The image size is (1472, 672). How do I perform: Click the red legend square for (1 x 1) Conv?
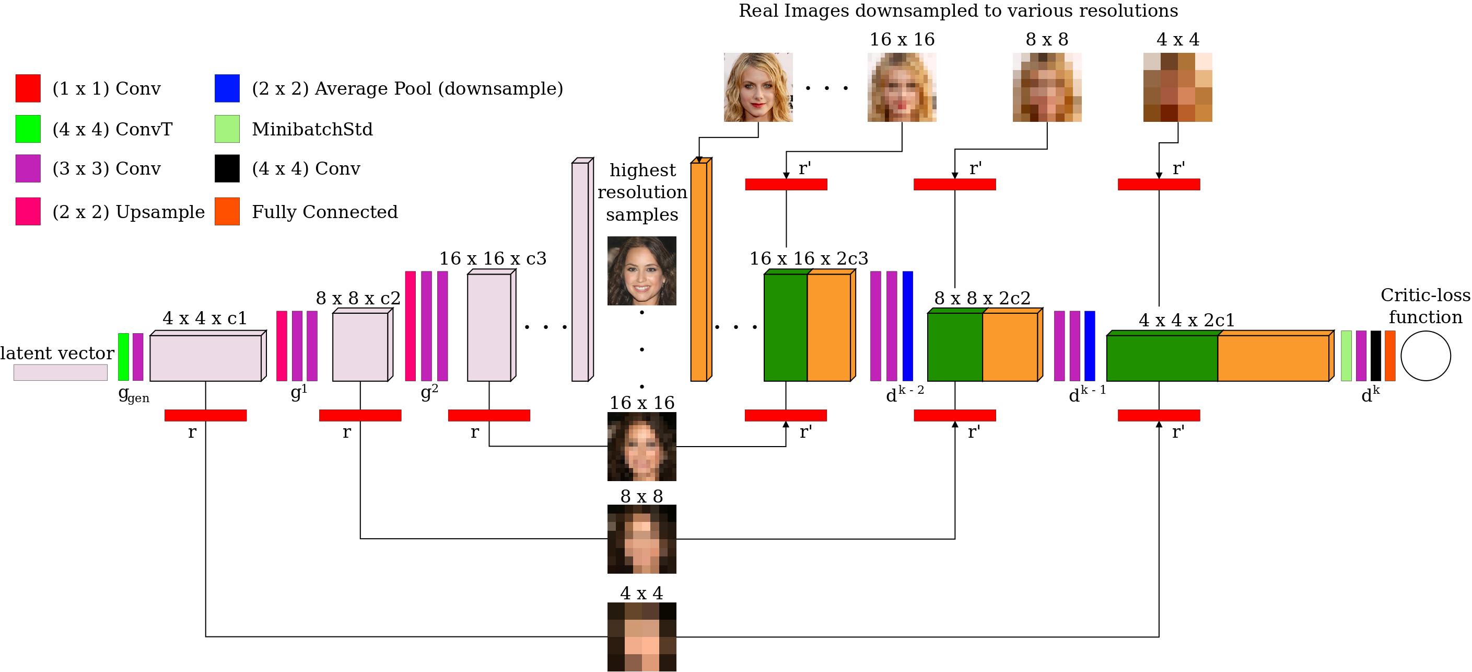pyautogui.click(x=28, y=88)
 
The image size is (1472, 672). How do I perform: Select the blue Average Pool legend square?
pyautogui.click(x=227, y=88)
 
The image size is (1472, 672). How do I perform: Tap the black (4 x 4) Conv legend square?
pyautogui.click(x=227, y=168)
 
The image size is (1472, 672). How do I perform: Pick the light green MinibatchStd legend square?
pyautogui.click(x=227, y=129)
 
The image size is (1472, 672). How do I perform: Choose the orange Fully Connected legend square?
pyautogui.click(x=227, y=211)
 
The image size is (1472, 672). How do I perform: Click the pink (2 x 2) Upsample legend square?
pyautogui.click(x=28, y=211)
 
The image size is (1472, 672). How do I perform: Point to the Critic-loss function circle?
pyautogui.click(x=1425, y=355)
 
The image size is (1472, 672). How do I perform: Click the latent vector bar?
pyautogui.click(x=61, y=372)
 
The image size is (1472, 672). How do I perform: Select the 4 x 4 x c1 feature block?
pyautogui.click(x=206, y=358)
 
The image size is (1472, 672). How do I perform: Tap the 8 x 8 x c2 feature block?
pyautogui.click(x=360, y=346)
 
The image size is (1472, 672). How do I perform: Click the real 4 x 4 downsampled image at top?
pyautogui.click(x=1177, y=87)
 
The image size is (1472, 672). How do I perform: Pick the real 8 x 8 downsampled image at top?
pyautogui.click(x=1047, y=87)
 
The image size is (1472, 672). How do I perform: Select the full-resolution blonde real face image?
pyautogui.click(x=758, y=87)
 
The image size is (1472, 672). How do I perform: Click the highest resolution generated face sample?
pyautogui.click(x=641, y=270)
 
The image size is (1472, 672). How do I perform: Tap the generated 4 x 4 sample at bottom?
pyautogui.click(x=641, y=636)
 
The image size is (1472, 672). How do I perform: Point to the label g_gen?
pyautogui.click(x=133, y=395)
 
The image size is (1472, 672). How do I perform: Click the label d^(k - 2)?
pyautogui.click(x=904, y=394)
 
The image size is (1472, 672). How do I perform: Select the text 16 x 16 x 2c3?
pyautogui.click(x=809, y=258)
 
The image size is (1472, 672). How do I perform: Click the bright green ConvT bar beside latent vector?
pyautogui.click(x=123, y=357)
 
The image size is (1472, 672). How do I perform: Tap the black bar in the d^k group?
pyautogui.click(x=1375, y=356)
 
